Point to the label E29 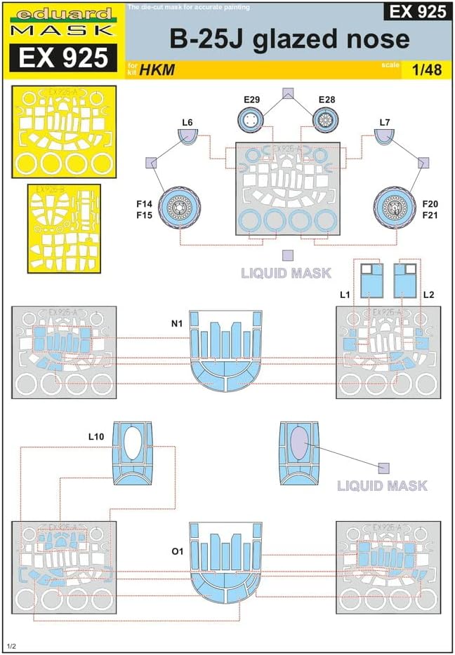click(252, 100)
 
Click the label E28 click(327, 100)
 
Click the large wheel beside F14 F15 click(181, 205)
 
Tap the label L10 click(97, 436)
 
